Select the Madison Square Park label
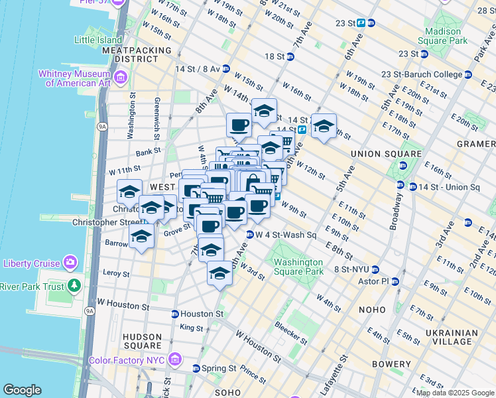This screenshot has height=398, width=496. pyautogui.click(x=442, y=36)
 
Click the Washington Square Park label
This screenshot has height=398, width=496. pyautogui.click(x=298, y=267)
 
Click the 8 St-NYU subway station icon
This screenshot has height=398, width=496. pyautogui.click(x=374, y=269)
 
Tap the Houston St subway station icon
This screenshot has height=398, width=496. pyautogui.click(x=174, y=314)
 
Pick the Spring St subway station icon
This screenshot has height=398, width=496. pyautogui.click(x=196, y=368)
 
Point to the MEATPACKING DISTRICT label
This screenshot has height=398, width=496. pyautogui.click(x=136, y=54)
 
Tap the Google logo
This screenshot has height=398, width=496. pyautogui.click(x=23, y=390)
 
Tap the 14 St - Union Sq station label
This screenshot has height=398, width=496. pyautogui.click(x=448, y=186)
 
